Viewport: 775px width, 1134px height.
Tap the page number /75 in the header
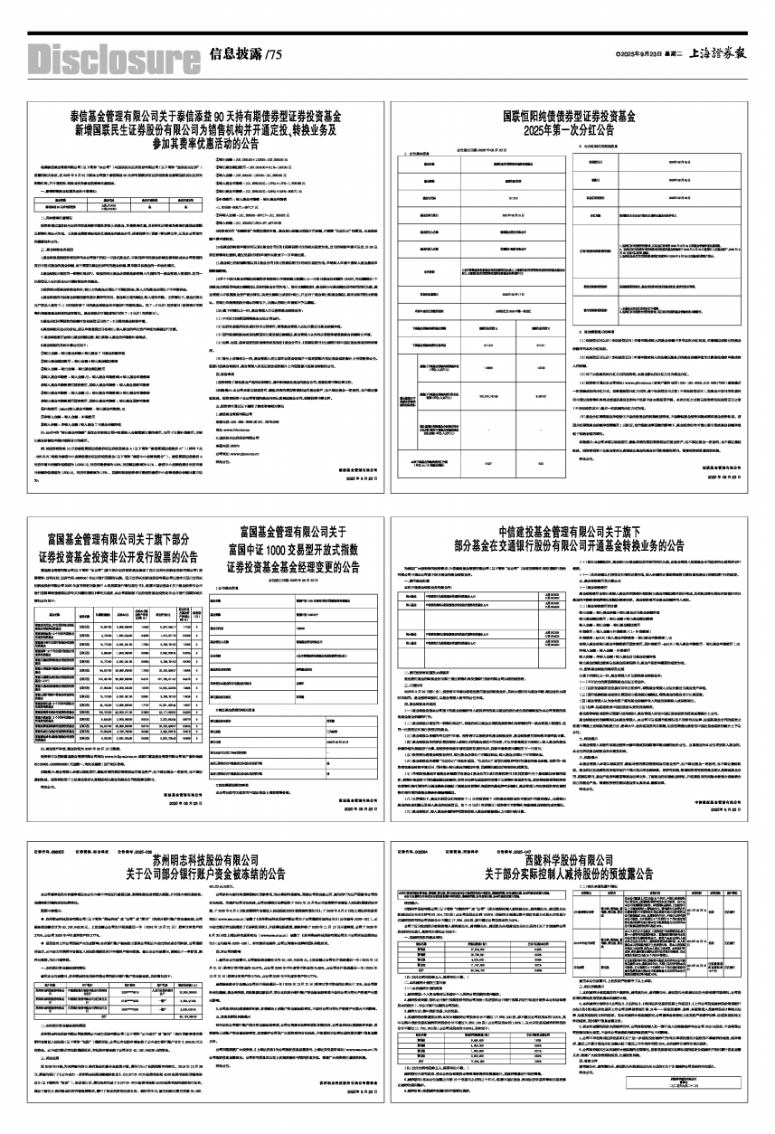(x=274, y=53)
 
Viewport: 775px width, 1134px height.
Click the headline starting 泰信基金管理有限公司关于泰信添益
(x=206, y=117)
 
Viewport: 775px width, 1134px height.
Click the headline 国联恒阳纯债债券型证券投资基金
(x=570, y=117)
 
